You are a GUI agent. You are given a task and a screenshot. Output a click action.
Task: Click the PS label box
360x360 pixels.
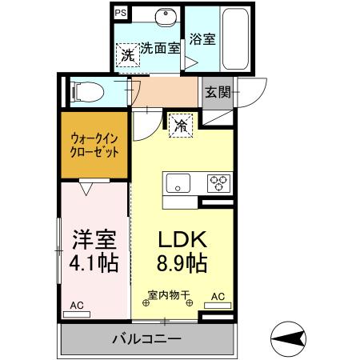pos(120,13)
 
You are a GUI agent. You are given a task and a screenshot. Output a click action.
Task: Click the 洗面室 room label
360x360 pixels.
pos(161,47)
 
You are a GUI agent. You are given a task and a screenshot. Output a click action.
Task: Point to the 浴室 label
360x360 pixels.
pos(202,38)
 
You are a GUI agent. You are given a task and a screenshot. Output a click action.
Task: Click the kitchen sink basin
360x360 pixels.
pos(176,181)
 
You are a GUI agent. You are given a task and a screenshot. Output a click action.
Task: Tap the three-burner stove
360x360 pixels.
pos(218,181)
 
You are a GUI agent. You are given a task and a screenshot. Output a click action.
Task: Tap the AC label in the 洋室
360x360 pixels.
pos(77,305)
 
